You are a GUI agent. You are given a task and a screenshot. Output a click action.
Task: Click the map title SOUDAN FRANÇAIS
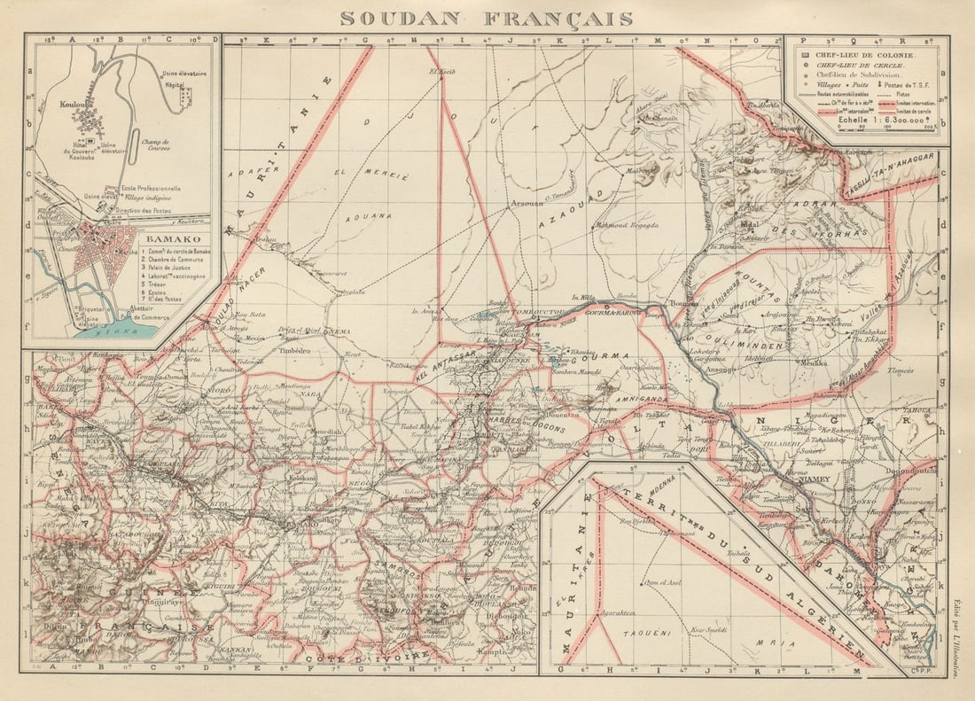coord(487,19)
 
